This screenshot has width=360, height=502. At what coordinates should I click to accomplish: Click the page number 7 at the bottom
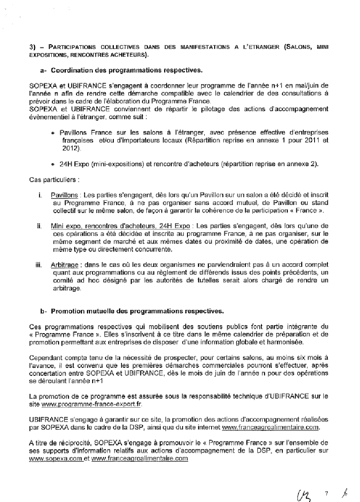327,493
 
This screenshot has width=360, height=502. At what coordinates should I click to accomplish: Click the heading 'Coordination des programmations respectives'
127,70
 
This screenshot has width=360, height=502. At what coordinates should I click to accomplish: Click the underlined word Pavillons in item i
64,195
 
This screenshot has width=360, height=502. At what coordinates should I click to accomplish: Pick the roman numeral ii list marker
39,226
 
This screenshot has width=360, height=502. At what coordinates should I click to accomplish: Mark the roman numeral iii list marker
39,265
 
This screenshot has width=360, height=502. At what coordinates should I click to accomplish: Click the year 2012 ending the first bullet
70,149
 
